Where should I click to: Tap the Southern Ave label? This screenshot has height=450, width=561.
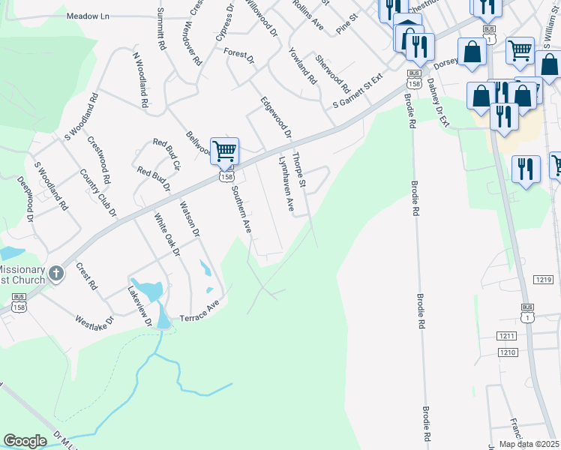click(x=240, y=209)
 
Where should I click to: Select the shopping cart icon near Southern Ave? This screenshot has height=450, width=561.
click(x=224, y=151)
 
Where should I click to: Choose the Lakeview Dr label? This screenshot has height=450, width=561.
click(x=140, y=307)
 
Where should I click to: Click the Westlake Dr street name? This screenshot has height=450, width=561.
click(x=94, y=322)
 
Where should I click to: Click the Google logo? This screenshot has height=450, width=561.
click(x=25, y=440)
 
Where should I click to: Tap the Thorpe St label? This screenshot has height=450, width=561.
click(x=299, y=169)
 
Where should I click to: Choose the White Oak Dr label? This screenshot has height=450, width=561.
click(x=167, y=235)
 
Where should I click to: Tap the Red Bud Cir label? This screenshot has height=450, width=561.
click(x=166, y=152)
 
